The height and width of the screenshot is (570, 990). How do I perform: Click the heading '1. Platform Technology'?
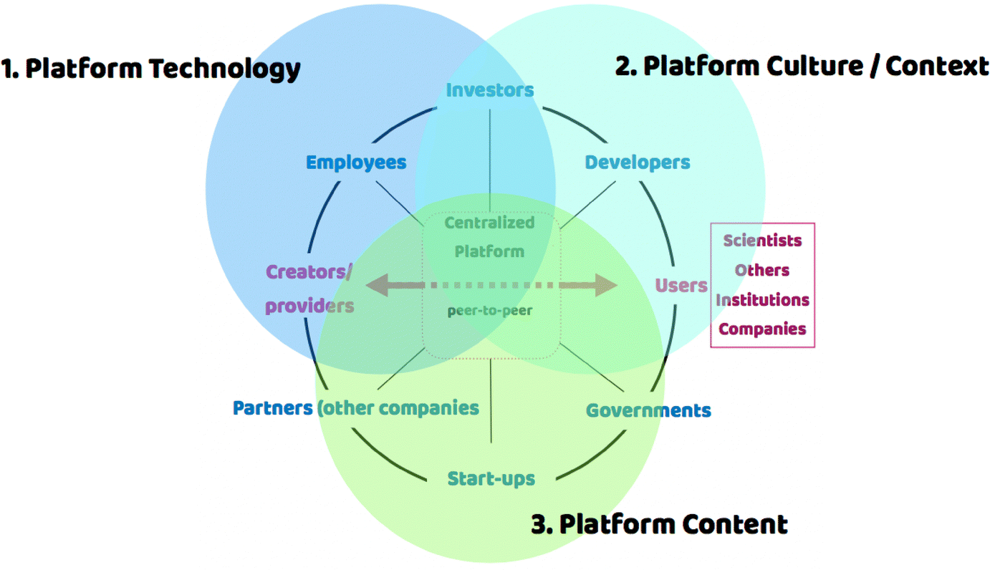click(x=151, y=69)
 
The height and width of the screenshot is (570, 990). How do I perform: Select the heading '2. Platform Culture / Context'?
click(x=802, y=66)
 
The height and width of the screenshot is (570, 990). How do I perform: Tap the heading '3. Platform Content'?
click(x=659, y=523)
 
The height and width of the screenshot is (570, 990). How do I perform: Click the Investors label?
click(x=490, y=90)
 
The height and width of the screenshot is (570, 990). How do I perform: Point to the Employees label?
click(x=356, y=163)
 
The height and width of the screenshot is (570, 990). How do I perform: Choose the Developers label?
click(x=638, y=163)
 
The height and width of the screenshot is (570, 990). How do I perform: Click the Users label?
click(x=681, y=286)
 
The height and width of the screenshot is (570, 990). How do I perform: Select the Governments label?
click(x=648, y=410)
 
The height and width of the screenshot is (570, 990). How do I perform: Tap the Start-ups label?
click(x=491, y=478)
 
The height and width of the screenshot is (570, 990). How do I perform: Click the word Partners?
click(x=272, y=408)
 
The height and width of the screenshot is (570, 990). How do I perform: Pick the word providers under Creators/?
click(x=309, y=306)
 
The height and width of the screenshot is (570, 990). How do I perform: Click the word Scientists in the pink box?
click(x=762, y=241)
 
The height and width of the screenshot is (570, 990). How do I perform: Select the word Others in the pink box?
click(x=762, y=270)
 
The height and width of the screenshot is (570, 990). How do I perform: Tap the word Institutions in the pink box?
click(x=762, y=299)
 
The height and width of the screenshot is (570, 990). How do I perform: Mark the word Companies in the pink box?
click(x=762, y=329)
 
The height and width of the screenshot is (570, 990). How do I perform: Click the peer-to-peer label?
click(x=490, y=311)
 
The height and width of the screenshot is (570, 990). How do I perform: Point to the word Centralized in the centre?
click(x=490, y=223)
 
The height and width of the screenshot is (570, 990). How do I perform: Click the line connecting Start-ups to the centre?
click(x=491, y=401)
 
